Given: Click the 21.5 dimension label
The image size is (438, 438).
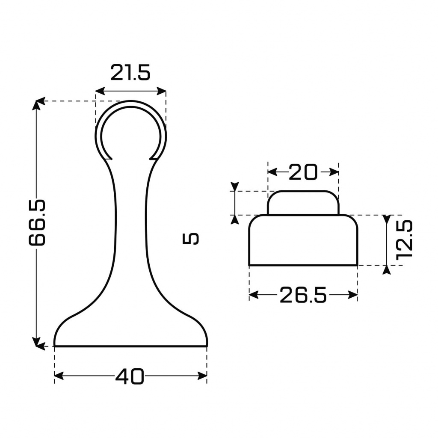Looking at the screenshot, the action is click(x=130, y=73).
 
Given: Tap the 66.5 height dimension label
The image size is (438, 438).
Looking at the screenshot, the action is click(x=37, y=222).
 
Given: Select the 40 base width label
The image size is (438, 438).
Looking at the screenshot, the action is click(x=130, y=376).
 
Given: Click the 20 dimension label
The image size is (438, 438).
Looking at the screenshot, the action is click(x=303, y=172).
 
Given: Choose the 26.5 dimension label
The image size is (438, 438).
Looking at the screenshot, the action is click(x=303, y=295).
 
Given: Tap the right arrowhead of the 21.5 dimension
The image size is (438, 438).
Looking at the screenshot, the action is click(x=162, y=91).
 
